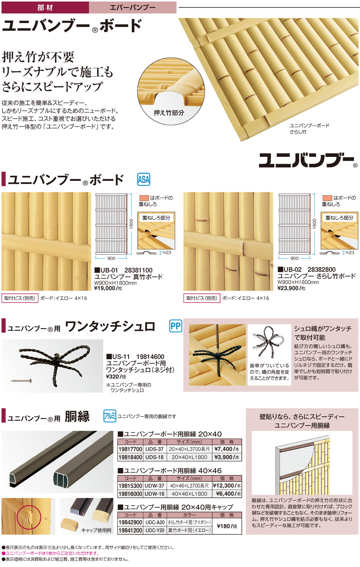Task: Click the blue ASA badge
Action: point(144,179)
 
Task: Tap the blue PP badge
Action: point(176,326)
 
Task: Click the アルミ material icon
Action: point(109,416)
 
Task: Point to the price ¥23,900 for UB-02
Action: point(288,288)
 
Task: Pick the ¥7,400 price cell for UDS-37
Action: point(227,449)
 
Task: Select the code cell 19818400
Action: point(130,457)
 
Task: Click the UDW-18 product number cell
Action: point(155,494)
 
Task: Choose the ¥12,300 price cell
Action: point(227,486)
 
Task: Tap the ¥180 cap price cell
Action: point(227,526)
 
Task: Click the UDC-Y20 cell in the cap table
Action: point(155,530)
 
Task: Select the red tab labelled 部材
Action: point(45,7)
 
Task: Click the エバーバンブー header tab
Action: point(132,7)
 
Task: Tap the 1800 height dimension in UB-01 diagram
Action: point(131,223)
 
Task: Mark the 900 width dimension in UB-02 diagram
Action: point(294,258)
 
